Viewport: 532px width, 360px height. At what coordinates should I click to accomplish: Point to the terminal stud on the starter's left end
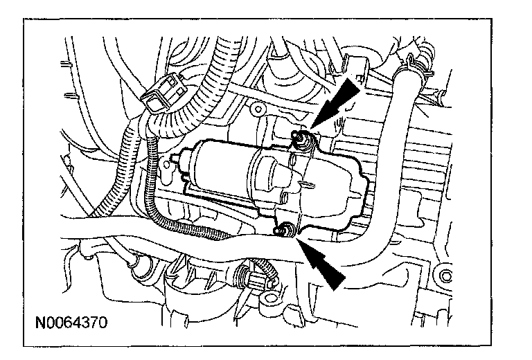click(172, 166)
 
